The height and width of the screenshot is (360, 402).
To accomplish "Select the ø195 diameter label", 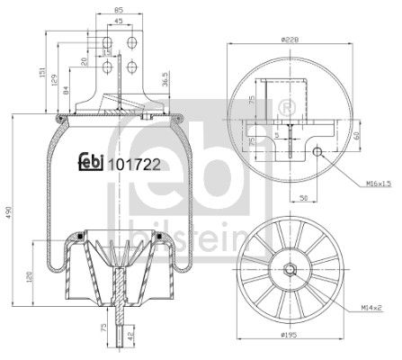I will [288, 348].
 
